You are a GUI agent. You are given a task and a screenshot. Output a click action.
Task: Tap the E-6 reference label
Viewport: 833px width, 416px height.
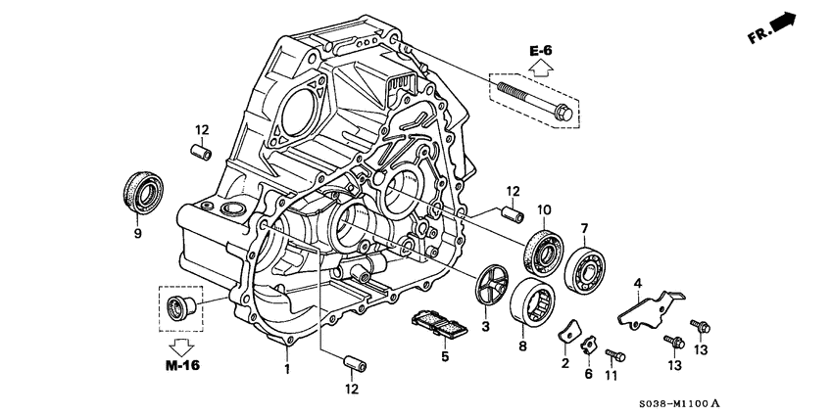(541, 49)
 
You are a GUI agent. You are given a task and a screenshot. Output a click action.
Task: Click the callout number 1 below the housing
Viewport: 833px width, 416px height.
(287, 370)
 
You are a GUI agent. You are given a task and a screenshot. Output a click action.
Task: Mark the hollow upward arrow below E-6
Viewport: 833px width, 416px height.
(542, 67)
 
